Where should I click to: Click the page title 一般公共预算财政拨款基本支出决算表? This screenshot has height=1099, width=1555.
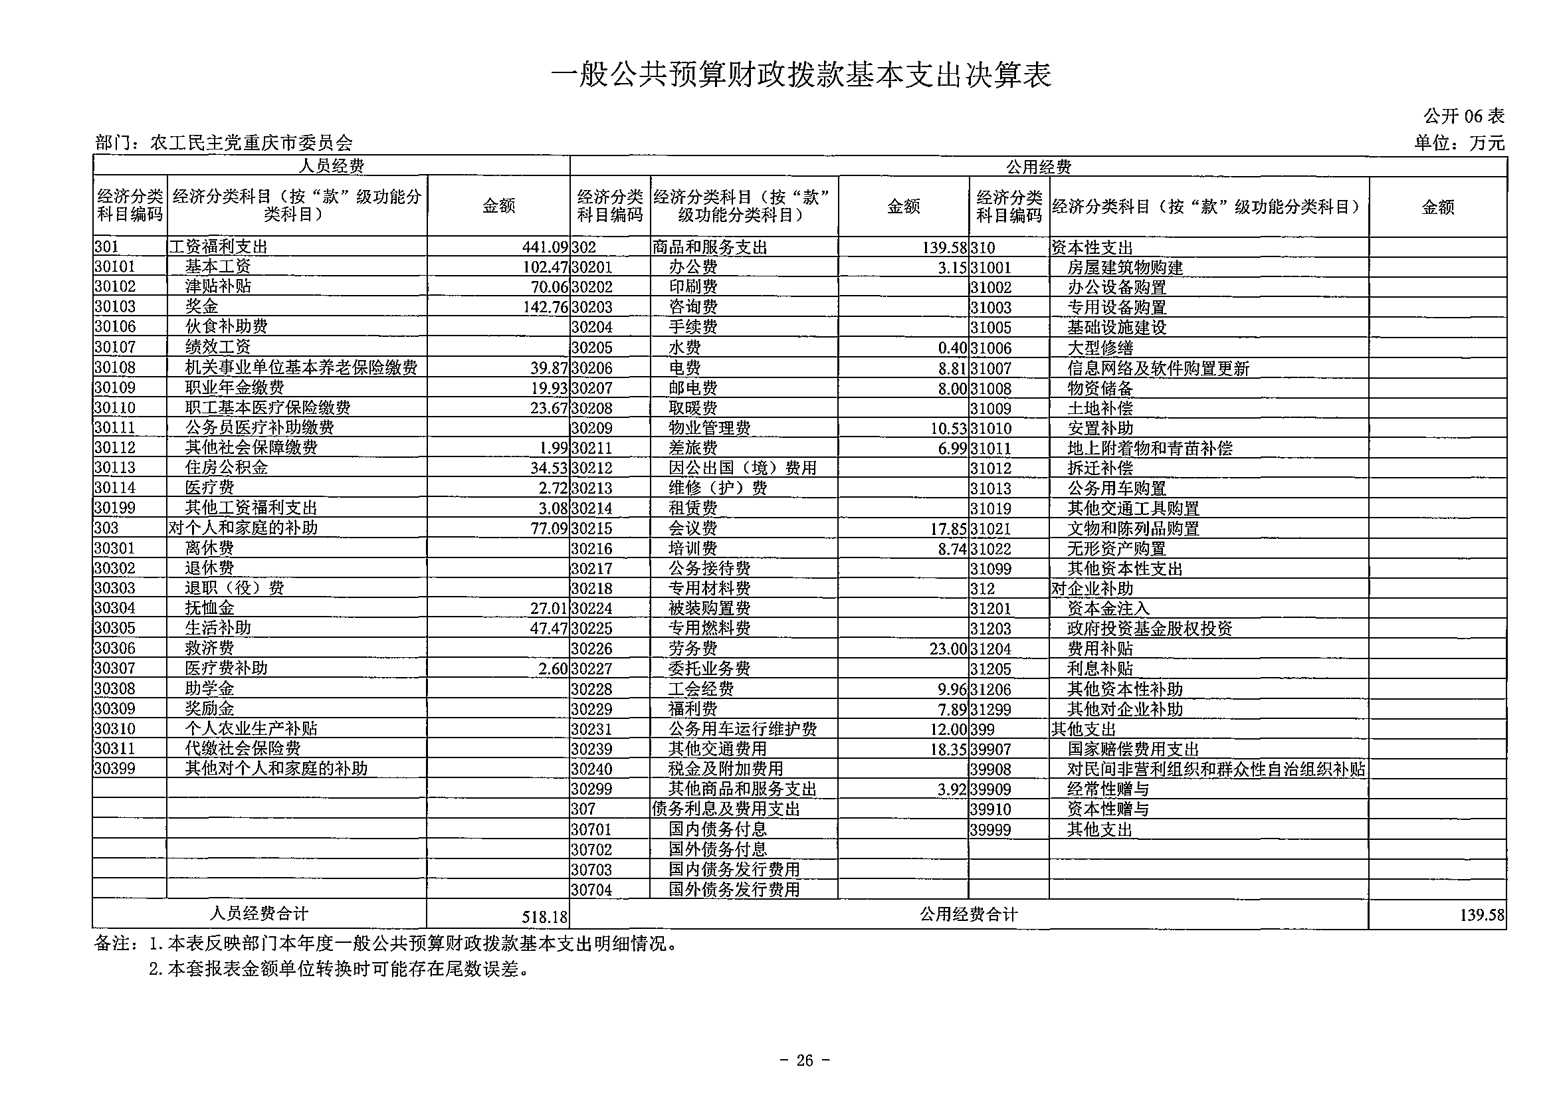pos(801,75)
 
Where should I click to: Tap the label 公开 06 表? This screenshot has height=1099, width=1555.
pos(1463,116)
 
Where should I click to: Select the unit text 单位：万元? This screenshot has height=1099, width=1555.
pos(1459,144)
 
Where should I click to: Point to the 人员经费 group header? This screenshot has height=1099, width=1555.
pos(331,166)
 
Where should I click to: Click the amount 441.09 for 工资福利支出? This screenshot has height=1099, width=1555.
pos(544,247)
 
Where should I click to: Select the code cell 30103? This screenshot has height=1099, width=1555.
pos(115,307)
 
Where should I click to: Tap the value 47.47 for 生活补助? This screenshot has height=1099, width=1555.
pos(549,629)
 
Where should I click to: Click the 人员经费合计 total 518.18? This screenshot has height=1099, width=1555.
pos(544,917)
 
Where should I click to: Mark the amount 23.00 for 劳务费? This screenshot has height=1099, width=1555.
pos(948,649)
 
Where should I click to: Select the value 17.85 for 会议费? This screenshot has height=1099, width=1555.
pos(948,528)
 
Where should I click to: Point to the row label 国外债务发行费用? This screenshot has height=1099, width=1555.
pos(734,889)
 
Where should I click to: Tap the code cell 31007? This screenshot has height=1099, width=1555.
pos(990,368)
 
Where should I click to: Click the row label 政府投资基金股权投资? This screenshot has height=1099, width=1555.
pos(1150,629)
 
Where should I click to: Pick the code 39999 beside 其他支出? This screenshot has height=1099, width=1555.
pos(990,829)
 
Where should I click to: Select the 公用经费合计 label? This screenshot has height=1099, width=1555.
pos(968,915)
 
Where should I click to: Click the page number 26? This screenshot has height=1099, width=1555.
pos(805,1060)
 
